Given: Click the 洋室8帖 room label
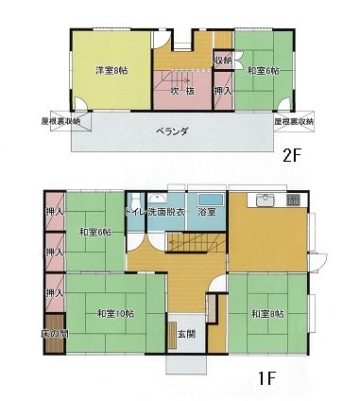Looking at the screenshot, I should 111,69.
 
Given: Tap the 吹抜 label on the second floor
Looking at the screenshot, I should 183,91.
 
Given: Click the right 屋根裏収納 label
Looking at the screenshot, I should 294,123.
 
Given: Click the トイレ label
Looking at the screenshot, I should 137,212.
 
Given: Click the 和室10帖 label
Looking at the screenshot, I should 114,313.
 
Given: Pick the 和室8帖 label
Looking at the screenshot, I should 268,313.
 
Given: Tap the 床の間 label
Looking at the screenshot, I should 54,334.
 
